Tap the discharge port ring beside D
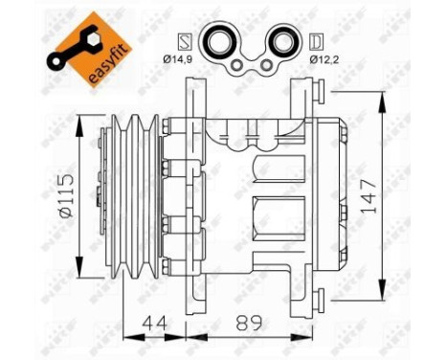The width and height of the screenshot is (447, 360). pyautogui.click(x=286, y=44)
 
